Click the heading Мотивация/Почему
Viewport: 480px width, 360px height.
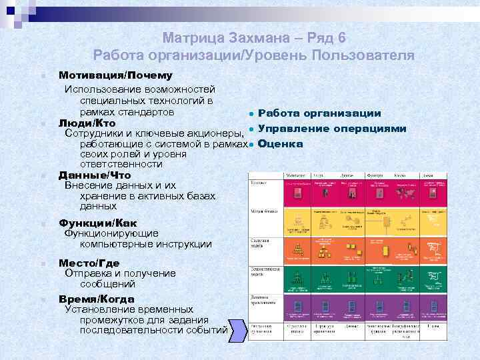(x=115, y=75)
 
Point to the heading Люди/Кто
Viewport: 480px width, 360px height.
(x=87, y=123)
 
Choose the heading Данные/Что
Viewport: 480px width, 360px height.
(x=95, y=175)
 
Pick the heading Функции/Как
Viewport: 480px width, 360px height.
(x=98, y=223)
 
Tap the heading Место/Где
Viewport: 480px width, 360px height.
(x=89, y=263)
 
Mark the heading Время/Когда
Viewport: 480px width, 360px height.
(x=96, y=299)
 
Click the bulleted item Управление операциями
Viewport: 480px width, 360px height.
(x=332, y=128)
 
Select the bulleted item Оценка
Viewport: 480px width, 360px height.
(x=280, y=143)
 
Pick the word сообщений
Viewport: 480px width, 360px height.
(x=107, y=283)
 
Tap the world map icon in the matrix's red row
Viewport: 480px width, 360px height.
(x=405, y=193)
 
